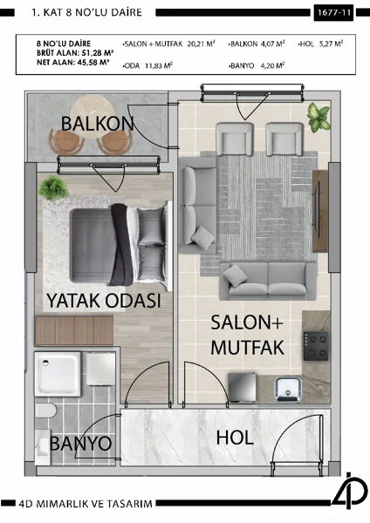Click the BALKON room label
(x=97, y=123)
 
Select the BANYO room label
(x=80, y=444)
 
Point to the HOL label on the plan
(x=235, y=438)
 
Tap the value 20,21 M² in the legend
(x=197, y=43)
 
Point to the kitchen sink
(x=285, y=386)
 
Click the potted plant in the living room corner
(x=318, y=114)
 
